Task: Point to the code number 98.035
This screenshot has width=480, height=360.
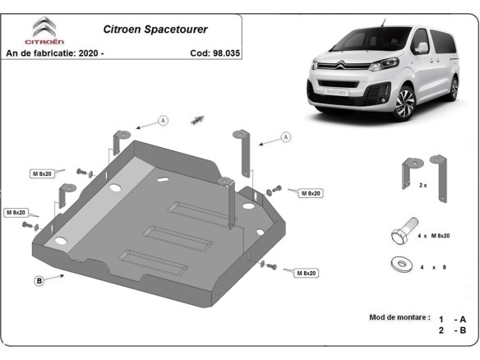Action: (224, 53)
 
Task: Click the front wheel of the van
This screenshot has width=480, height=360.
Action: (404, 104)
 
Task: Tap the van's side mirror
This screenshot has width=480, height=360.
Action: (422, 48)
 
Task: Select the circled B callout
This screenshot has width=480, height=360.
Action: (39, 281)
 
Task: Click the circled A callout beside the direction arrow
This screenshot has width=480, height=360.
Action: (163, 121)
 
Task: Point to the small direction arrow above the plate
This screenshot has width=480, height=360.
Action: (197, 119)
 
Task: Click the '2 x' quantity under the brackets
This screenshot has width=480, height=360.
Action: (422, 186)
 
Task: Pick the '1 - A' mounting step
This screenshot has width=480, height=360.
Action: (453, 319)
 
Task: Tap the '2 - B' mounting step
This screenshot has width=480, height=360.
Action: (453, 331)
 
